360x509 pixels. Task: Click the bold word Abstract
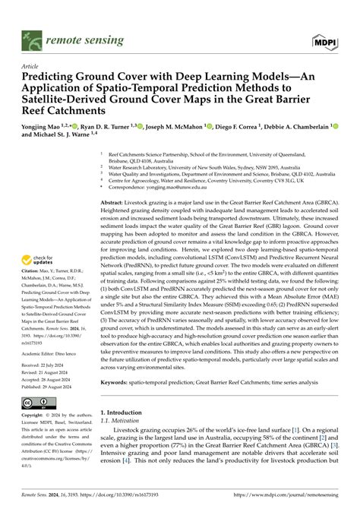tap(114, 204)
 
